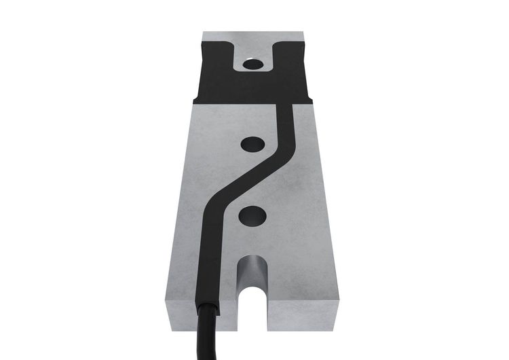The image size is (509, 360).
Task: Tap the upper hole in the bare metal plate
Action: pos(252,144)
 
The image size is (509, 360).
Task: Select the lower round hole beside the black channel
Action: pos(252,216)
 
